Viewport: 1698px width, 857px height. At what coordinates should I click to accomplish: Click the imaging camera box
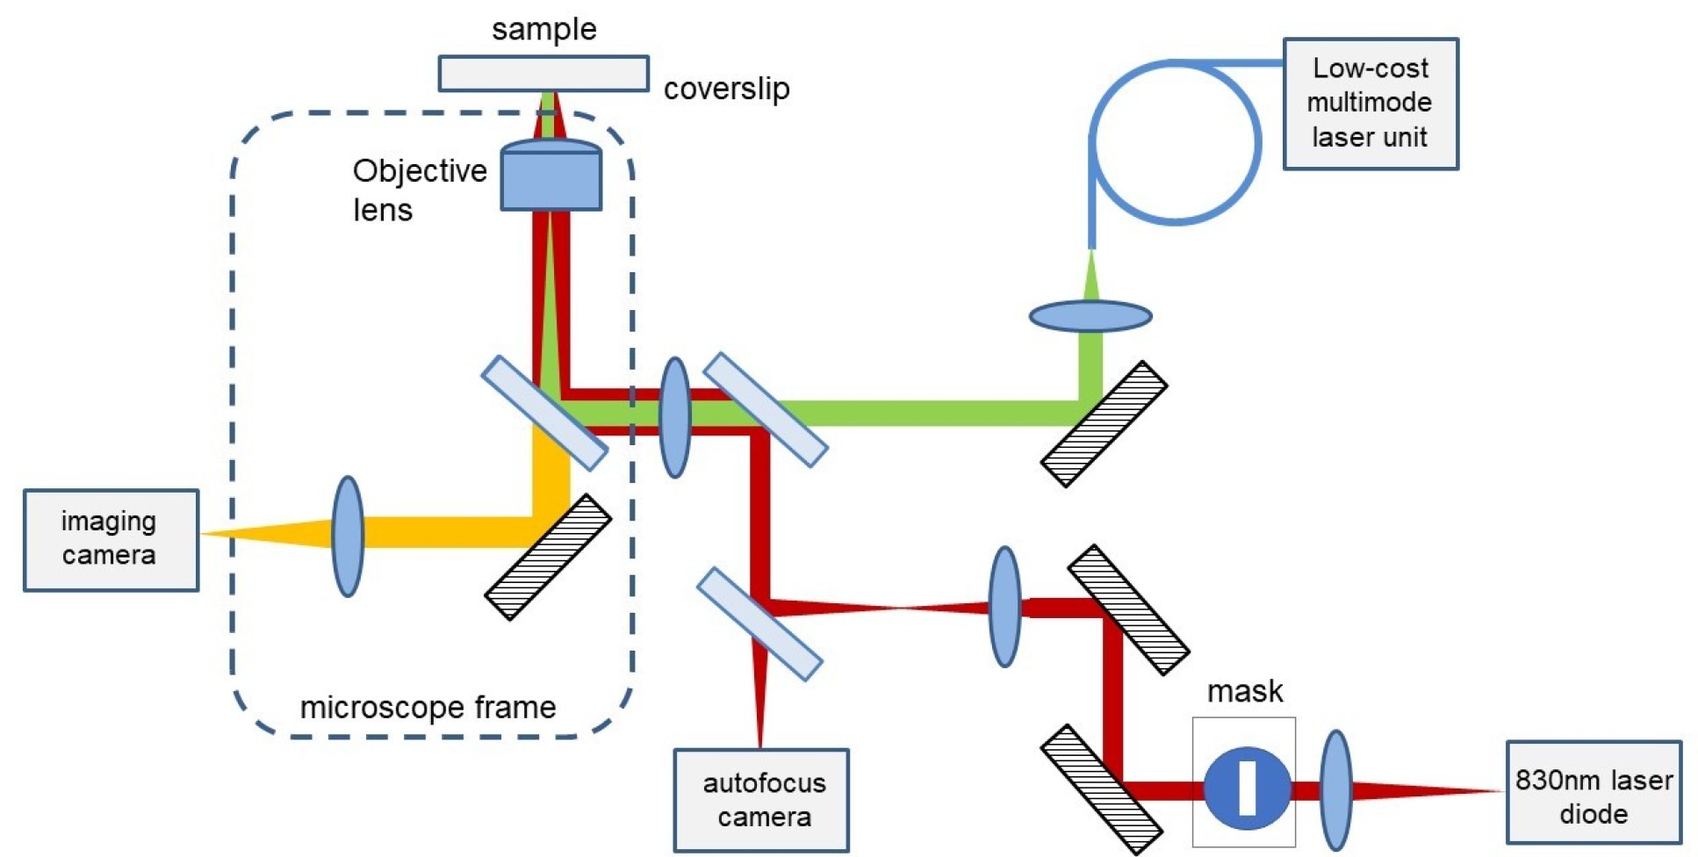point(111,540)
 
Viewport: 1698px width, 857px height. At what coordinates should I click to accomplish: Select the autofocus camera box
point(761,799)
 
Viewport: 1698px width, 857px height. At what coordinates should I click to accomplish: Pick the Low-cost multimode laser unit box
point(1370,103)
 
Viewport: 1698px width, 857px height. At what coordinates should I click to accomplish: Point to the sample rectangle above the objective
point(543,73)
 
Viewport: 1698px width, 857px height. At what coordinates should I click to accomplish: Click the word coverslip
point(726,89)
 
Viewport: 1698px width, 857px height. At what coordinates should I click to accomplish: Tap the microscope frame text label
point(428,707)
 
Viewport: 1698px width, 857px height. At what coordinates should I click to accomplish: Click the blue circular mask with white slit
point(1247,788)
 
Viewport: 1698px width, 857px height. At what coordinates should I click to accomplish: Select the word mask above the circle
point(1244,691)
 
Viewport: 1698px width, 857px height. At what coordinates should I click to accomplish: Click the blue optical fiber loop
point(1175,141)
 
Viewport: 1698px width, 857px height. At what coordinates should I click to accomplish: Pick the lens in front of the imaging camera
point(348,536)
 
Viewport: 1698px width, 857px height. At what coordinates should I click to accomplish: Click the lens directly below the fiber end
point(1090,315)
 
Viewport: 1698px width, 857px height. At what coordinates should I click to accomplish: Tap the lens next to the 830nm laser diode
point(1335,790)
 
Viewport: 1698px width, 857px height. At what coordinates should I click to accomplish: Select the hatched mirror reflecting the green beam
point(1104,423)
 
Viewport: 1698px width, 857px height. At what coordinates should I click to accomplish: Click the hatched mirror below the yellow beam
point(548,557)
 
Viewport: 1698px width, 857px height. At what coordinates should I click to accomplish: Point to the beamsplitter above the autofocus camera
point(759,623)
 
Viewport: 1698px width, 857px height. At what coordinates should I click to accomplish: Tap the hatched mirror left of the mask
point(1101,789)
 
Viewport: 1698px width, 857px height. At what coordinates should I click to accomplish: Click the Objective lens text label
point(419,190)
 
